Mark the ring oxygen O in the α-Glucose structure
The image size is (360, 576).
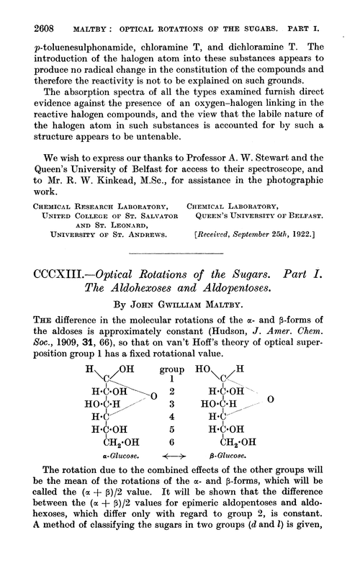(x=154, y=416)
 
